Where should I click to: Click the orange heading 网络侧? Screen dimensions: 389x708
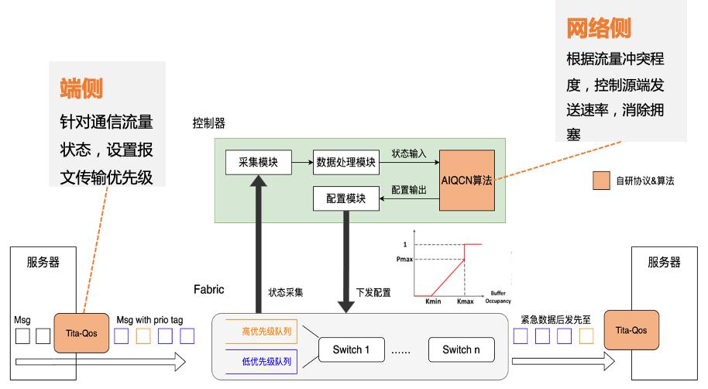coord(599,29)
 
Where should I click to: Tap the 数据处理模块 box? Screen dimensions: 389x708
coord(346,163)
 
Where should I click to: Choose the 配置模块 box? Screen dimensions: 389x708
coord(346,199)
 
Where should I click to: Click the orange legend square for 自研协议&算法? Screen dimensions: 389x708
coord(601,181)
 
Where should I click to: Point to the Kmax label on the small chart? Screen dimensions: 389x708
coord(465,301)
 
